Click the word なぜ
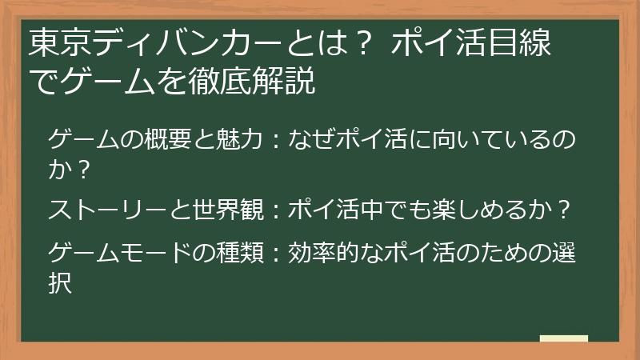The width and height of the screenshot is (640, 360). point(306,141)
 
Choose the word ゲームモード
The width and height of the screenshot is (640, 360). point(117,254)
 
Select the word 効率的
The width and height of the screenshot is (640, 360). point(317,254)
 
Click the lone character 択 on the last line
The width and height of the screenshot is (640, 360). point(61,283)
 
